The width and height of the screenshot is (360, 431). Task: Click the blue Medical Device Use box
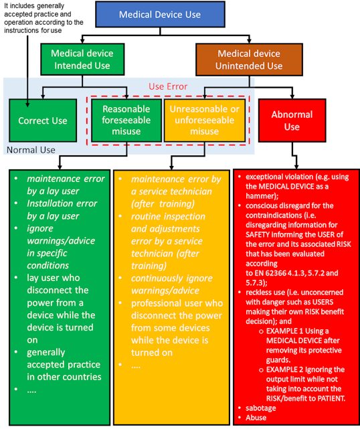pos(159,14)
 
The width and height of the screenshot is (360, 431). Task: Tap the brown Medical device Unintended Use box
pos(249,60)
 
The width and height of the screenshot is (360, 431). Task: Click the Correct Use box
pos(43,120)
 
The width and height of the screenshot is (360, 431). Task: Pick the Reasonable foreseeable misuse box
pos(126,120)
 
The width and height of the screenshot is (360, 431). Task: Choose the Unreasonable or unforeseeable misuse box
pos(204,120)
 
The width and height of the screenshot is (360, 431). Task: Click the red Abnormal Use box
pos(292,120)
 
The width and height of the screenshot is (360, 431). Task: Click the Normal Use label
pos(31,150)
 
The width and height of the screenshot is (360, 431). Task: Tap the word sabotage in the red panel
pos(263,408)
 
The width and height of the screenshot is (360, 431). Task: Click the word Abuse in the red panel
pos(258,417)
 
